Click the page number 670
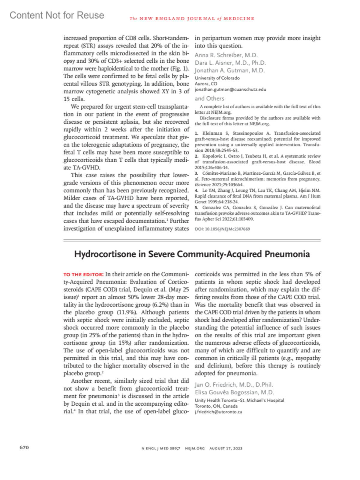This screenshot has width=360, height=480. (x=24, y=447)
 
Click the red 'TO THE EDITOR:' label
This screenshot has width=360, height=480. (x=83, y=274)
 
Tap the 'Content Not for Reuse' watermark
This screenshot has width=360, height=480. (x=57, y=15)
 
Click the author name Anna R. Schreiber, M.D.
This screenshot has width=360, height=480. (x=226, y=55)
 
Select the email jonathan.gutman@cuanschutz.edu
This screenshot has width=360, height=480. (x=230, y=89)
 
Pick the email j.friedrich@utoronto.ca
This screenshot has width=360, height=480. (x=218, y=412)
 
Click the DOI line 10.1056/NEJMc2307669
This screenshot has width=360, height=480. (x=222, y=229)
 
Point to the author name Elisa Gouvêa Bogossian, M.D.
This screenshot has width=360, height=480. (x=234, y=392)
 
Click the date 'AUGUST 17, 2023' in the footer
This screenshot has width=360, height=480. (x=226, y=448)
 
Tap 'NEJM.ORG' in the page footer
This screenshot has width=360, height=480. (x=195, y=448)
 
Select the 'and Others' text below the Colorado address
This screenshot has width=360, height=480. (x=209, y=98)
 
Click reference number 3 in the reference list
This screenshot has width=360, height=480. (x=196, y=173)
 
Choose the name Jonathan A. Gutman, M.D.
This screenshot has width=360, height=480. (x=229, y=70)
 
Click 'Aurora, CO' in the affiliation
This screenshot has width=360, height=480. (x=206, y=84)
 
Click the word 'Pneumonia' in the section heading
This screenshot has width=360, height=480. (x=287, y=254)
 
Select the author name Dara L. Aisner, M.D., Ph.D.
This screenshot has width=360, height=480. (x=230, y=63)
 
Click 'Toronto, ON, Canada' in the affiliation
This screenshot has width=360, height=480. (x=216, y=406)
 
